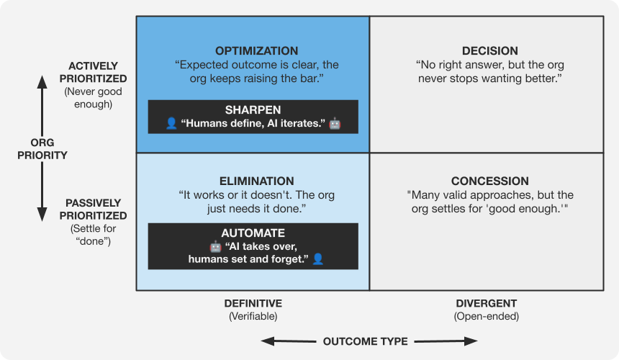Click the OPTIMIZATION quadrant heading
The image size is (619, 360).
point(257,51)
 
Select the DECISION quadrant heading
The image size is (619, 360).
point(489,51)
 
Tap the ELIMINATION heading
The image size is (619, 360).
point(257,181)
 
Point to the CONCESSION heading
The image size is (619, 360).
point(489,181)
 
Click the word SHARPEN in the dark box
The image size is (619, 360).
point(253,110)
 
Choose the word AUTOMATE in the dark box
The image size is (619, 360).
point(253,233)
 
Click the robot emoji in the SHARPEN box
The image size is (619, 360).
point(335,124)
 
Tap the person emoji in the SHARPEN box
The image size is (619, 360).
point(171,124)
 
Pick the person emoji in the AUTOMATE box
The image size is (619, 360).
point(317,258)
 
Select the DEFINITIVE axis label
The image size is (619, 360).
point(253,303)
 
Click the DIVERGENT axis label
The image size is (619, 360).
point(486,303)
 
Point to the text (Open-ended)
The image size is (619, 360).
point(486,316)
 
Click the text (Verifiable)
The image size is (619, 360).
point(253,316)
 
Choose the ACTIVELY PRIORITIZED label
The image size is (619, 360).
point(94,72)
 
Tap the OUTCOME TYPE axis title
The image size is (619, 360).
point(366,341)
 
